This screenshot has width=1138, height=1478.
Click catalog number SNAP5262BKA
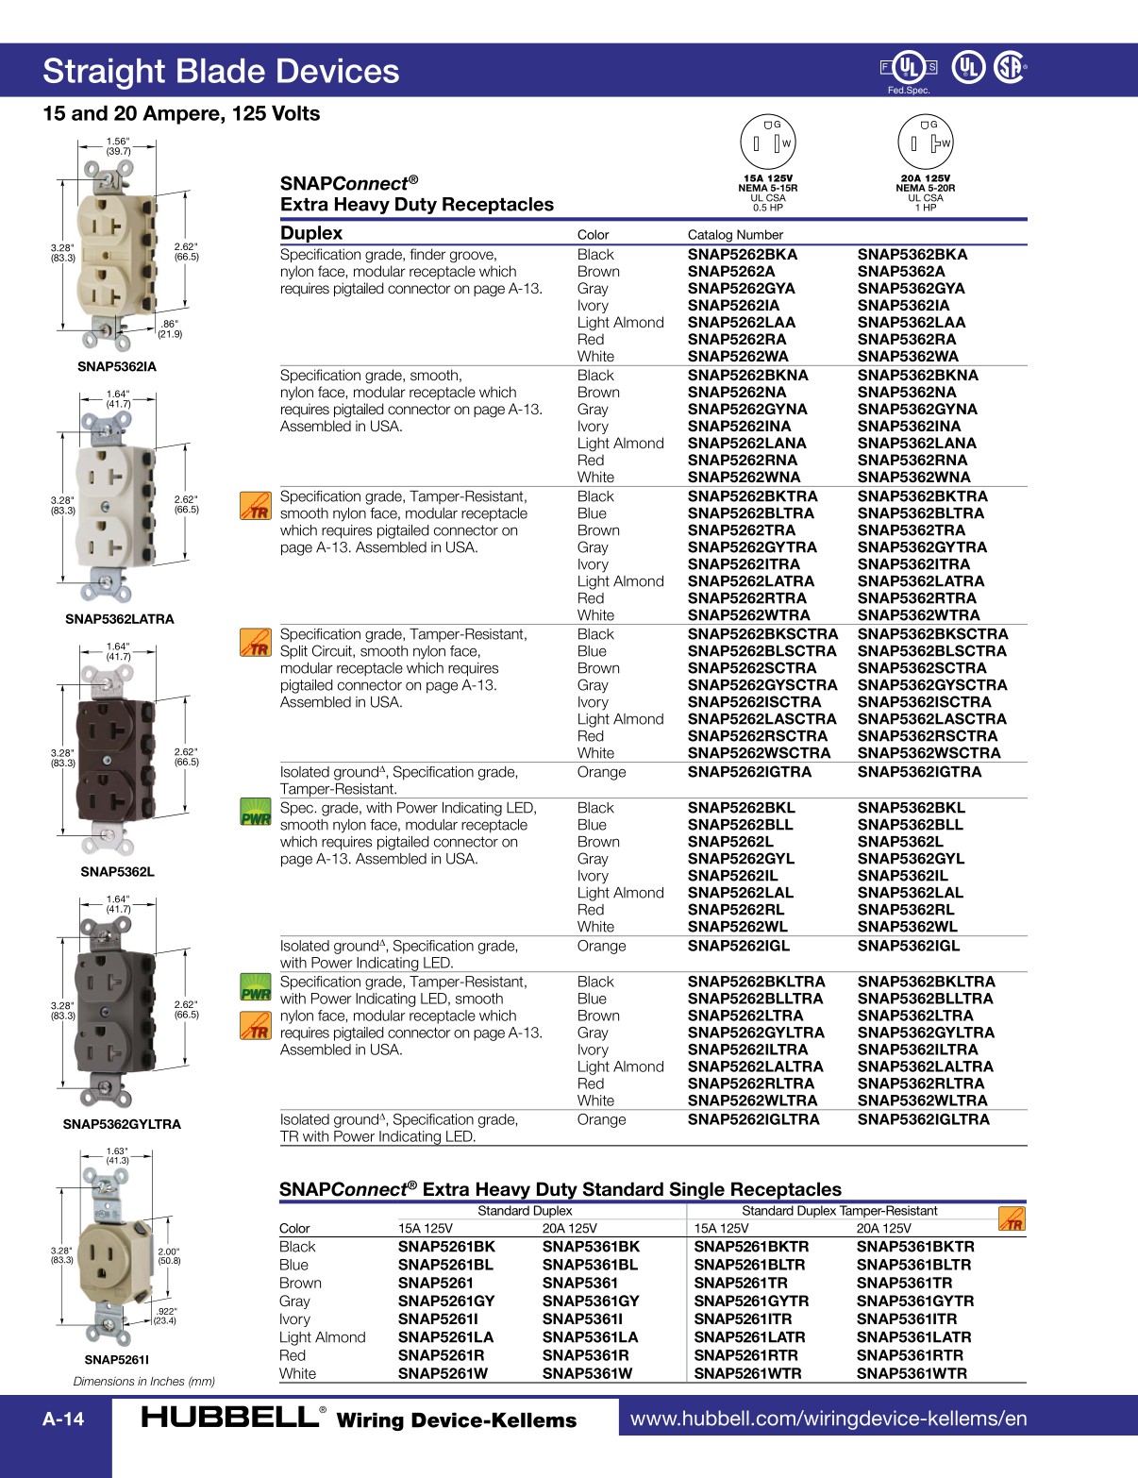tap(742, 255)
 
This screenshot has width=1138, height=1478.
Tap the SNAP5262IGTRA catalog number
tap(749, 772)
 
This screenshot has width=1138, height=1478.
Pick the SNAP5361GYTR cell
tap(913, 1302)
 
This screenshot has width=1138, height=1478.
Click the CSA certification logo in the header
tap(1010, 67)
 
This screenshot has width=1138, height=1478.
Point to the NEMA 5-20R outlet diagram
tap(926, 143)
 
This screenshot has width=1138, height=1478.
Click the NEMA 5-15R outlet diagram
tap(768, 143)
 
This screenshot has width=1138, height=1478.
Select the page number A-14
tap(63, 1419)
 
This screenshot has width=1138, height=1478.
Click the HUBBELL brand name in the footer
tap(229, 1418)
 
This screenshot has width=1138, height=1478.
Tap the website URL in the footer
tap(828, 1419)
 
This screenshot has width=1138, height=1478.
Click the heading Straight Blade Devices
tap(221, 72)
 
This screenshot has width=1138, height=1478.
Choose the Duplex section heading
tap(311, 233)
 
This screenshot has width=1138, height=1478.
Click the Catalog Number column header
tap(735, 235)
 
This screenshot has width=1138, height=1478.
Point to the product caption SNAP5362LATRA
tap(120, 619)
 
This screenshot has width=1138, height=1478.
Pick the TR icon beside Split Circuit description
tap(256, 644)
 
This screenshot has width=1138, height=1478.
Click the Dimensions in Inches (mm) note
tap(144, 1382)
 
